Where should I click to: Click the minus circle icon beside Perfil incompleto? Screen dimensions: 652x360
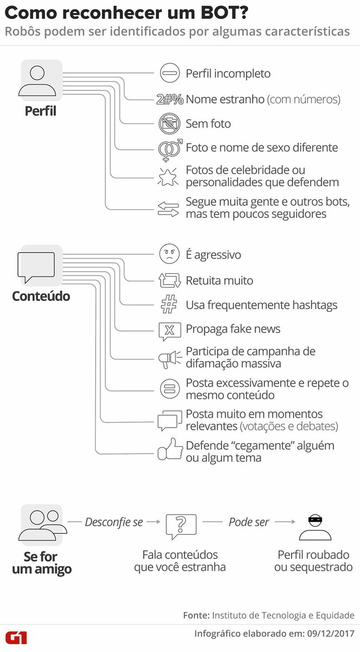point(169,73)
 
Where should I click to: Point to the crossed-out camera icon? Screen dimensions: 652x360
point(169,123)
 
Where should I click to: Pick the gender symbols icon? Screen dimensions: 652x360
point(169,148)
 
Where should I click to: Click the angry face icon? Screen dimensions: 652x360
point(169,255)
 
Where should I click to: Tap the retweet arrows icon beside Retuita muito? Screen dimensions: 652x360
point(169,280)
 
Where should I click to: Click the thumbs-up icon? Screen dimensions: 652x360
point(169,450)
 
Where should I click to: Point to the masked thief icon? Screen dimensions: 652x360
point(315,526)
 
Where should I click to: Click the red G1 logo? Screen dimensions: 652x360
point(16,637)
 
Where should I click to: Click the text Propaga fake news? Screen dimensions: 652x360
point(233,329)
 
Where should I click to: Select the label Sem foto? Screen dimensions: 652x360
point(208,124)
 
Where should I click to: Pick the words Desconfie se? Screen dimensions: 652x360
point(113,522)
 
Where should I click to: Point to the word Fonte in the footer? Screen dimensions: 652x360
point(195,615)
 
